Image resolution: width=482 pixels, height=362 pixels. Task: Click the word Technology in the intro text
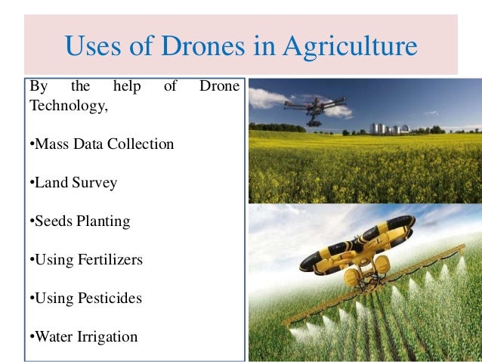pos(68,107)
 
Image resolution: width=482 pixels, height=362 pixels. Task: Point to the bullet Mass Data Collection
pos(101,144)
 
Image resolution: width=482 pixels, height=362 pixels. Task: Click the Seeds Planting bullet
pos(79,221)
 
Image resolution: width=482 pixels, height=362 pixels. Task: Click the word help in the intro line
pos(126,87)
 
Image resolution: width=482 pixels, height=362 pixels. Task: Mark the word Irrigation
pos(110,337)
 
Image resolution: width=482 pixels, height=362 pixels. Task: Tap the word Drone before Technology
pos(219,87)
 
